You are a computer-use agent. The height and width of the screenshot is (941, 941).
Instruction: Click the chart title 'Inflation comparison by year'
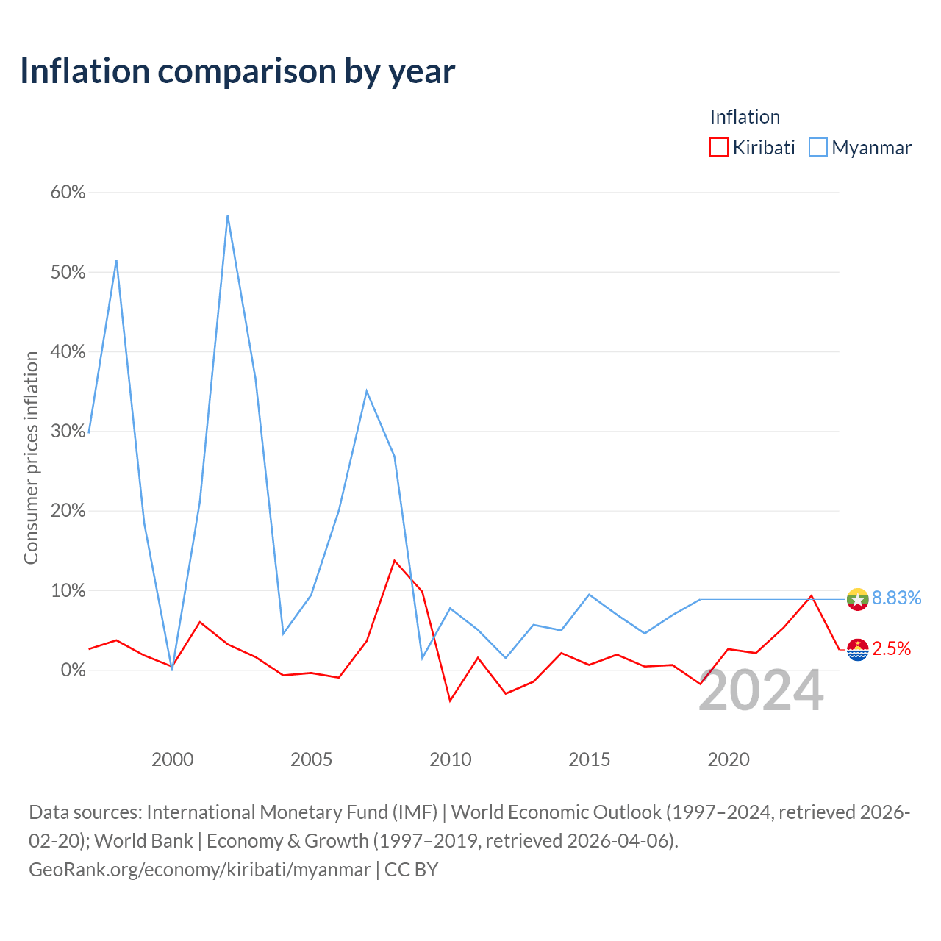click(x=237, y=72)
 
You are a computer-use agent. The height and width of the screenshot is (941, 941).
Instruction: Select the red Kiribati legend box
click(x=718, y=147)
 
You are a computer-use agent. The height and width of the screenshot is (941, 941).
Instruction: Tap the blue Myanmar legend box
click(x=818, y=147)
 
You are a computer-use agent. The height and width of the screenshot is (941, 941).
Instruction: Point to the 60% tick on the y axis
click(x=68, y=193)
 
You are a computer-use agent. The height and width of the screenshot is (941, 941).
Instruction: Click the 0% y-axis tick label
click(x=73, y=670)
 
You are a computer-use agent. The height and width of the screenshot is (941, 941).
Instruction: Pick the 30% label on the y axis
click(x=68, y=432)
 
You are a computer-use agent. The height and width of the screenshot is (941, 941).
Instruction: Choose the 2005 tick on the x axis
click(x=311, y=759)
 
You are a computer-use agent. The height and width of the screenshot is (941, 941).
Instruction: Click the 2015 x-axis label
click(x=590, y=759)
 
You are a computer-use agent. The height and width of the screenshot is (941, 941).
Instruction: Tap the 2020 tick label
click(x=729, y=759)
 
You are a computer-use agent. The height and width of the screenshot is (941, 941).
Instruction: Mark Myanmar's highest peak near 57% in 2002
click(x=228, y=216)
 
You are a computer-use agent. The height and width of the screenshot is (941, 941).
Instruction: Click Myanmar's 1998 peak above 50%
click(x=116, y=260)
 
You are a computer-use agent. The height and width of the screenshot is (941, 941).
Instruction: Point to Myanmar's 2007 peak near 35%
click(x=367, y=391)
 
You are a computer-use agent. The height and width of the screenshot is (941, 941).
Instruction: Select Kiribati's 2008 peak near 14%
click(x=395, y=561)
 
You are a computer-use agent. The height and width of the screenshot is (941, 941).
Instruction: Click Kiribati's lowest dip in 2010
click(x=450, y=701)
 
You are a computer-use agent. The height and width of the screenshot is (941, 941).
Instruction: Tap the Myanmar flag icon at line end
click(x=857, y=600)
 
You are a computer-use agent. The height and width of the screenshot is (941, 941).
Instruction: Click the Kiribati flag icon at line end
click(x=857, y=649)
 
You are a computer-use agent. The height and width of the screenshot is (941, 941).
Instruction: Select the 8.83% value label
click(x=897, y=598)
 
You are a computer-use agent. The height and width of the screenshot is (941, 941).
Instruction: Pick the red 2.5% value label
click(x=891, y=648)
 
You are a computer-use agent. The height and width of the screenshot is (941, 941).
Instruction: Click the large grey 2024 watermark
click(x=762, y=691)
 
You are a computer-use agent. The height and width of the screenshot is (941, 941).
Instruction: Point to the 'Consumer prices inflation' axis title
click(x=32, y=458)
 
